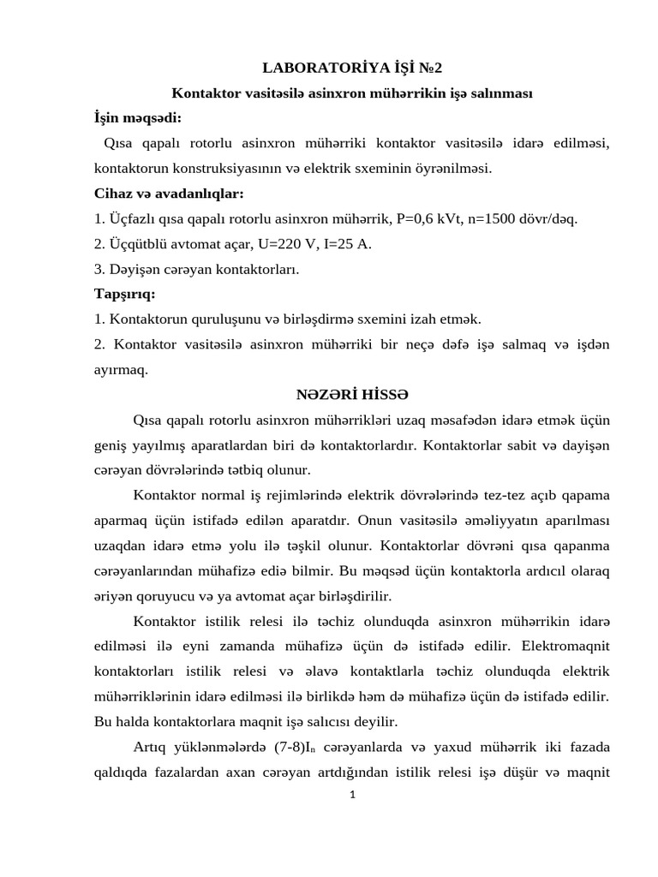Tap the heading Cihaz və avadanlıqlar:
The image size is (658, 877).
click(x=169, y=193)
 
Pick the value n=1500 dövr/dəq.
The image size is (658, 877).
click(x=526, y=218)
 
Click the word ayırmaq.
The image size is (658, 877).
click(x=121, y=370)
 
